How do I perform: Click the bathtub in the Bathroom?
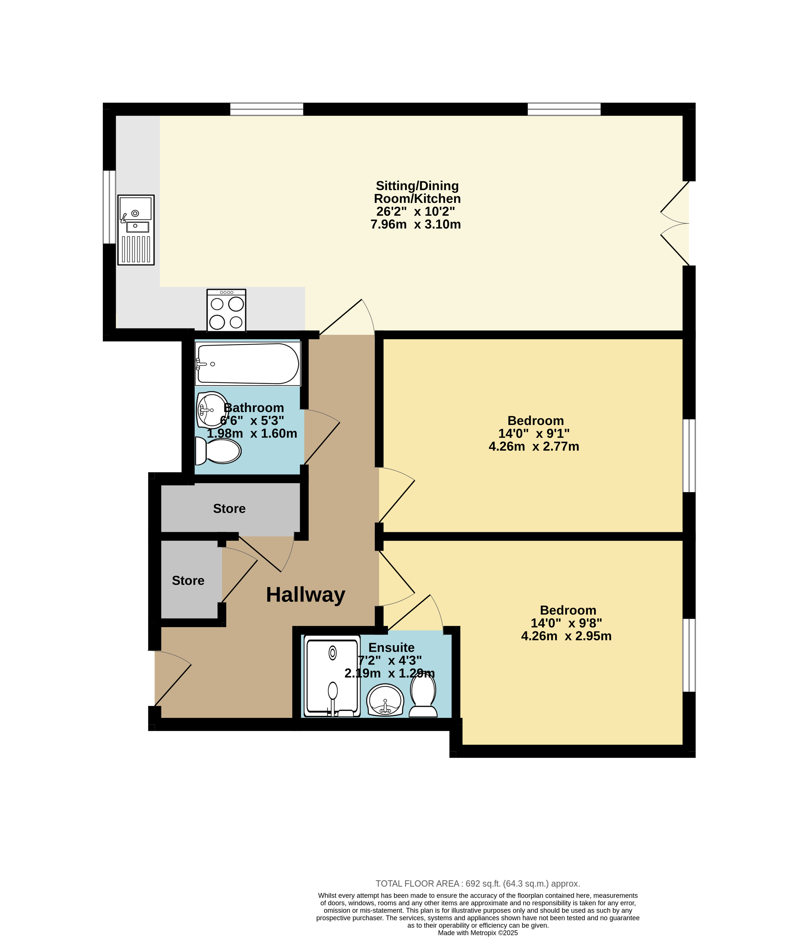[248, 363]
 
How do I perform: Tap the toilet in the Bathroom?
[218, 451]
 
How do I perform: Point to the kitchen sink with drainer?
[136, 230]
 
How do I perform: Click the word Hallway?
[306, 595]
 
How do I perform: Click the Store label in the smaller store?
[188, 580]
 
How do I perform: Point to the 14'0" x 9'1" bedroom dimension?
[534, 433]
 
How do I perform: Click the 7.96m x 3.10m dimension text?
[416, 224]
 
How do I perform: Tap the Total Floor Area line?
[478, 883]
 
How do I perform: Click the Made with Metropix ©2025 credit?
[478, 933]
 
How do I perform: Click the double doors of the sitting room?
[675, 223]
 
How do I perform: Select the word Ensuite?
[392, 648]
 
